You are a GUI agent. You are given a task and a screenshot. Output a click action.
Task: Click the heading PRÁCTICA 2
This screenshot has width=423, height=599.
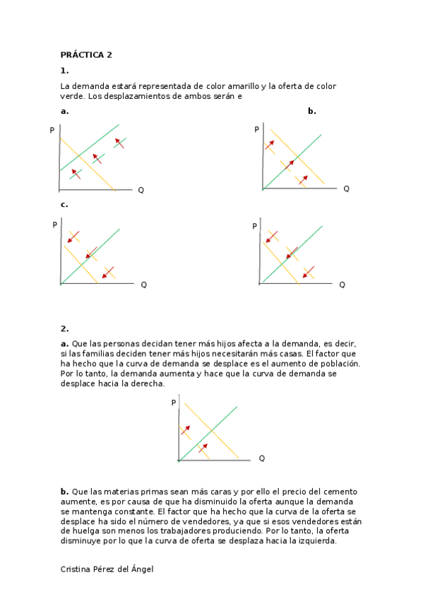click(86, 55)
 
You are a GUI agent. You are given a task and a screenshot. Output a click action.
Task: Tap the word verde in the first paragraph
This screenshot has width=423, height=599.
click(72, 96)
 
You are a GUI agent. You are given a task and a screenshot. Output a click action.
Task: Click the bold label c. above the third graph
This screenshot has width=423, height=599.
click(64, 205)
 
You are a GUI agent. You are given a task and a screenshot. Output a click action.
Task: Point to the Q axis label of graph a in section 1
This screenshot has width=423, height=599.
click(141, 190)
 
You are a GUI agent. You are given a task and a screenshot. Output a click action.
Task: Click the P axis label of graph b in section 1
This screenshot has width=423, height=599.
click(256, 130)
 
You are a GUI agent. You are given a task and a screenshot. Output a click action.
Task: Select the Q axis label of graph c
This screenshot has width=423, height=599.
click(143, 285)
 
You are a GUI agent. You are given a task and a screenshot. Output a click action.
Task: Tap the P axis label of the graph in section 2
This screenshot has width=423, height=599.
click(174, 403)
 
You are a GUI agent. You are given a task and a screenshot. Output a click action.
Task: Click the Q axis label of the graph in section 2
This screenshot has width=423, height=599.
click(261, 458)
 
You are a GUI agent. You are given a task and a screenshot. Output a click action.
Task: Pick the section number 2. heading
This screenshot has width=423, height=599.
click(64, 328)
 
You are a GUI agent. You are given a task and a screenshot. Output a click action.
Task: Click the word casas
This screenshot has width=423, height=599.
click(290, 353)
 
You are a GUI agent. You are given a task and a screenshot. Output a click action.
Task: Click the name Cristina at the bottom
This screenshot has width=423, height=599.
click(78, 569)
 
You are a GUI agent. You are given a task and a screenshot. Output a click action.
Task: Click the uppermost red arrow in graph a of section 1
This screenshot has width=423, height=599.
click(119, 143)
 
